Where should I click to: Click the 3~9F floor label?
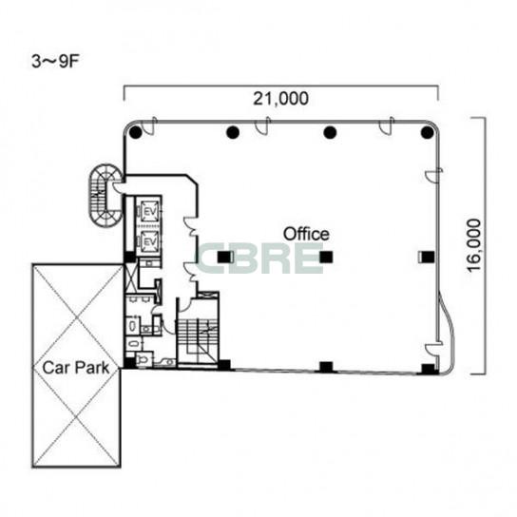(55, 62)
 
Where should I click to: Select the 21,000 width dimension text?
(281, 99)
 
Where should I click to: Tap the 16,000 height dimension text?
(474, 245)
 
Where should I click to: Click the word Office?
(306, 234)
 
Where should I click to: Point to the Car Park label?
(76, 368)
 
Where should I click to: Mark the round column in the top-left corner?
(136, 132)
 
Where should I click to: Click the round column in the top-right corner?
(427, 132)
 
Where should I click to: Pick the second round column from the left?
(233, 132)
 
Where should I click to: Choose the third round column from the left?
(330, 132)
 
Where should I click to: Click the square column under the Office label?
(326, 257)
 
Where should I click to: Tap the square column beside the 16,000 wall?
(428, 257)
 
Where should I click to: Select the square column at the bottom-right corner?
(429, 369)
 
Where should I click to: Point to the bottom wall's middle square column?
(326, 367)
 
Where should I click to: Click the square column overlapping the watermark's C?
(224, 257)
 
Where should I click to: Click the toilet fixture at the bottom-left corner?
(144, 359)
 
